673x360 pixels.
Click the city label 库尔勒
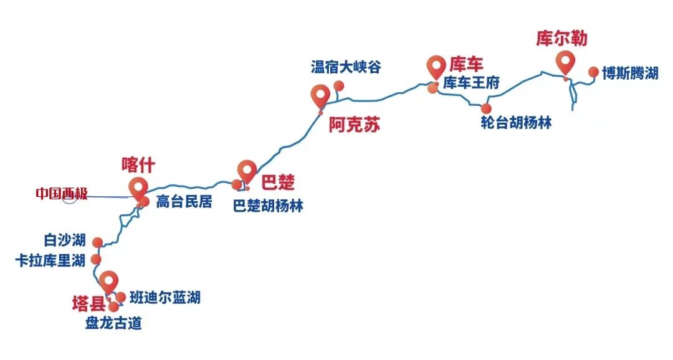point(561,39)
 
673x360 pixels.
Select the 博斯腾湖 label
point(630,73)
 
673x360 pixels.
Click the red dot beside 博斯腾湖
point(593,72)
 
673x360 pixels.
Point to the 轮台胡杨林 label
point(516,123)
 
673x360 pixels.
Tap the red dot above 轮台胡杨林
point(487,108)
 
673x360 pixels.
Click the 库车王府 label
point(471,83)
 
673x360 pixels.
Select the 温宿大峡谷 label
point(345,67)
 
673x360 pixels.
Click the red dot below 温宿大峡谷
point(339,85)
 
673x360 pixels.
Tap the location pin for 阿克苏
point(320,96)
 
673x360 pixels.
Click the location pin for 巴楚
point(247,171)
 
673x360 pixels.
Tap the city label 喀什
point(137,165)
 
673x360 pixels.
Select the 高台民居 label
point(184,202)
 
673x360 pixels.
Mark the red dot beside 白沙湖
point(97,242)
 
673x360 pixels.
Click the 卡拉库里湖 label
point(50,260)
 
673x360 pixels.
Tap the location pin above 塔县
point(109,281)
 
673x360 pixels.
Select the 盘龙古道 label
point(113,324)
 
